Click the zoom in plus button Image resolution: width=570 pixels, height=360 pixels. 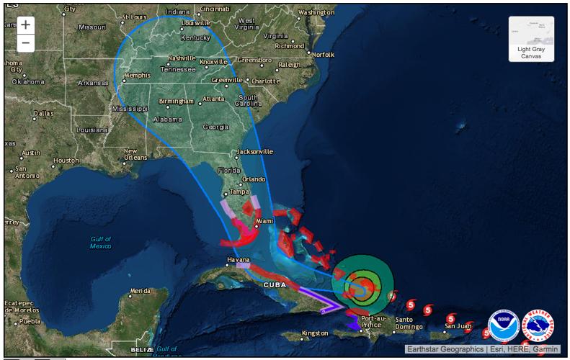25,24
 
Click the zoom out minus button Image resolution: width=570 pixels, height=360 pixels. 25,42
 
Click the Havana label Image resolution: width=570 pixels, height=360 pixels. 238,259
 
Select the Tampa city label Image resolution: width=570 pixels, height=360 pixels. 239,192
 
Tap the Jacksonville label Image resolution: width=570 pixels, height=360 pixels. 255,152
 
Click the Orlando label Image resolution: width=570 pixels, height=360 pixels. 254,179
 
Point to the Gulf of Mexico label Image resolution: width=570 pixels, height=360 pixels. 101,243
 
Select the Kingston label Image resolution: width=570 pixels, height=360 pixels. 315,333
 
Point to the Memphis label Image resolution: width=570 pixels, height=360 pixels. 137,75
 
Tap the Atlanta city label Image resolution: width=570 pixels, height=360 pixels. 213,99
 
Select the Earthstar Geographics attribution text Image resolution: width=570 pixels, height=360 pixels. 445,349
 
